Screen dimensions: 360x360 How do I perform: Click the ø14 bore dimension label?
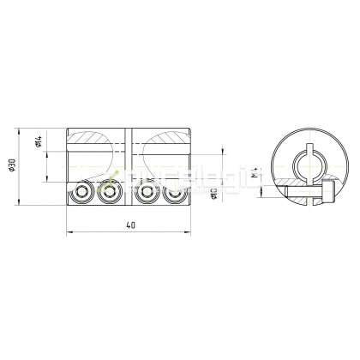pos(40,142)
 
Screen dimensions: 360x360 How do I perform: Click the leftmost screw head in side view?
pos(82,192)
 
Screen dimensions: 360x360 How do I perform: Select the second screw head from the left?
pos(108,192)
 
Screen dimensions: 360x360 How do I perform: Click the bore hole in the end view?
pos(307,163)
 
